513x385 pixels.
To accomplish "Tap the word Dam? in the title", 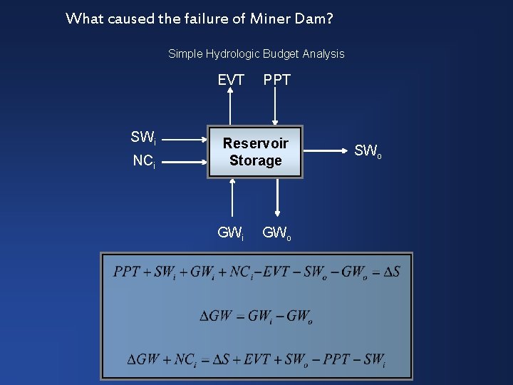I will pyautogui.click(x=311, y=19).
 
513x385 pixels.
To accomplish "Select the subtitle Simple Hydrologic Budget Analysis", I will pyautogui.click(x=256, y=53).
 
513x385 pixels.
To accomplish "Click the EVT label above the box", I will pyautogui.click(x=231, y=81).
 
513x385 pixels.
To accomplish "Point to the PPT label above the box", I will pyautogui.click(x=277, y=81).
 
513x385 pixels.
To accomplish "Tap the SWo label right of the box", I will pyautogui.click(x=368, y=151).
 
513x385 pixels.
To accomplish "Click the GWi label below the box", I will pyautogui.click(x=231, y=232).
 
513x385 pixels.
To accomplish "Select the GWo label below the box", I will pyautogui.click(x=277, y=232).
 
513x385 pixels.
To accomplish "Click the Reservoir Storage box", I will pyautogui.click(x=255, y=152).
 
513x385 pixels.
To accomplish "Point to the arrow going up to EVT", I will pyautogui.click(x=230, y=107).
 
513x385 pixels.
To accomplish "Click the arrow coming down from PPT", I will pyautogui.click(x=276, y=107).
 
